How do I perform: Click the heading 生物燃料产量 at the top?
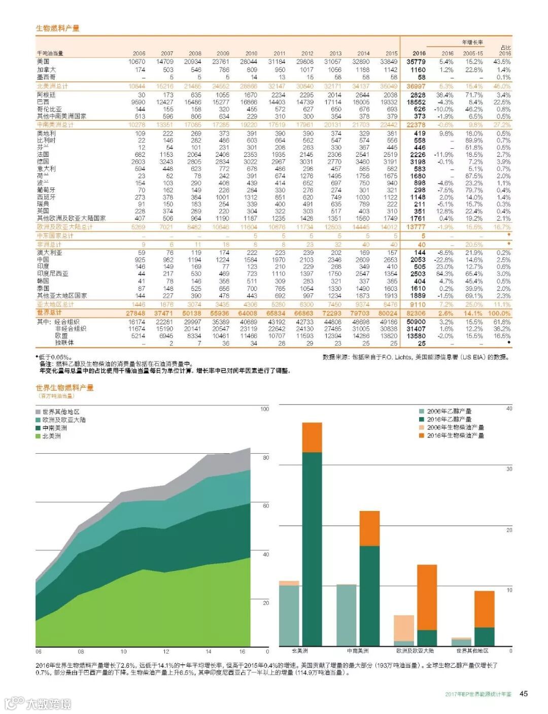(57, 28)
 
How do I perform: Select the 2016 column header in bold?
(419, 53)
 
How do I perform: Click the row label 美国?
(43, 61)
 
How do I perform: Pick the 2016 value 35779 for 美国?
(416, 61)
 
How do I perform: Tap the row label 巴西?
(43, 102)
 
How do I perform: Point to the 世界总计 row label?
(49, 313)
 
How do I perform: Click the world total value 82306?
(416, 313)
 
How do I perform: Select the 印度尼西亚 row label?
(53, 274)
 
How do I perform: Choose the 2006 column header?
(139, 53)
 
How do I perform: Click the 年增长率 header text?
(472, 42)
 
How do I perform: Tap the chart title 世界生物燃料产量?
(64, 388)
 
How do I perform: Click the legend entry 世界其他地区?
(61, 412)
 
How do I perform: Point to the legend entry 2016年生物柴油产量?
(455, 435)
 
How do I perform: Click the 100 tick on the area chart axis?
(264, 409)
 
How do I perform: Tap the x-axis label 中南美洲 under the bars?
(358, 651)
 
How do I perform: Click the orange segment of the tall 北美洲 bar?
(312, 437)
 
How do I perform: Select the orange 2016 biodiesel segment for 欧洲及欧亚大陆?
(427, 597)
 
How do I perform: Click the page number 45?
(524, 693)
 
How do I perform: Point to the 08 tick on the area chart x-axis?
(81, 652)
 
